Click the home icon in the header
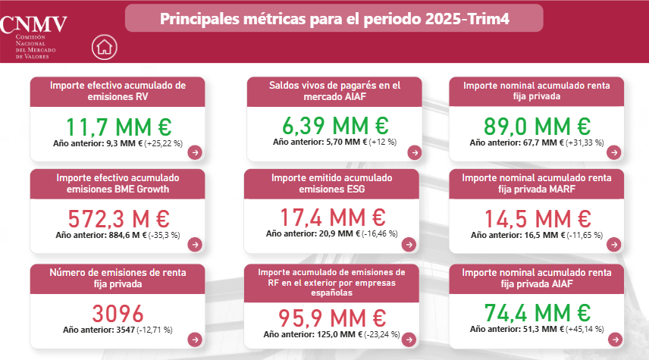point(105,47)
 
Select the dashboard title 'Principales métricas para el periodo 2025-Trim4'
point(334,18)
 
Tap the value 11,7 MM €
point(118,127)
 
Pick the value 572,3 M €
point(118,219)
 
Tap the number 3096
point(118,313)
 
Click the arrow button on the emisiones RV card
point(196,152)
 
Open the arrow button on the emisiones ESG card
point(410,245)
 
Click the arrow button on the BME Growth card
point(195,245)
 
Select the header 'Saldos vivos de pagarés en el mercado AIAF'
point(334,92)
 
